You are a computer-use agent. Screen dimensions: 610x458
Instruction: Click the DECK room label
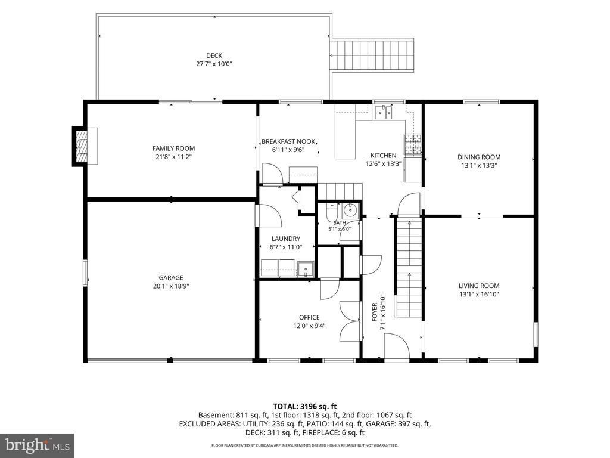(214, 55)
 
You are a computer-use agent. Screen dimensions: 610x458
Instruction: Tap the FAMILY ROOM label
(173, 148)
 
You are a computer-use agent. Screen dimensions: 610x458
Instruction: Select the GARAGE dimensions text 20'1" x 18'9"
(171, 286)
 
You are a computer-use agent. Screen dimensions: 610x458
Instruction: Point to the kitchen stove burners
(413, 144)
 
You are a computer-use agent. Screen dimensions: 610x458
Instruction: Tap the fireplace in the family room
(82, 146)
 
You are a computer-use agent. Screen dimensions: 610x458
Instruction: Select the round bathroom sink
(350, 211)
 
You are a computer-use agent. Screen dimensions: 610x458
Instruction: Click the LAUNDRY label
(286, 239)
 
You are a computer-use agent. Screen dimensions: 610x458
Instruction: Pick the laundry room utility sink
(306, 269)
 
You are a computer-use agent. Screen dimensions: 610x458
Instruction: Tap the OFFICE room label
(309, 317)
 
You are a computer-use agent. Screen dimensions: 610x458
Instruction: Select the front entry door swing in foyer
(397, 346)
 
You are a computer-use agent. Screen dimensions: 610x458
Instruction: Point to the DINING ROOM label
(479, 157)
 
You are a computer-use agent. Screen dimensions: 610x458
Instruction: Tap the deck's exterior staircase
(372, 54)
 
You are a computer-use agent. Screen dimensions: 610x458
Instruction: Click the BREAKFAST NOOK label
(289, 141)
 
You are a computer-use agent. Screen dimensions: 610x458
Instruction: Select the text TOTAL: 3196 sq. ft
(305, 407)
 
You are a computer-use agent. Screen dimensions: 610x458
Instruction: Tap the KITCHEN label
(383, 156)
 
